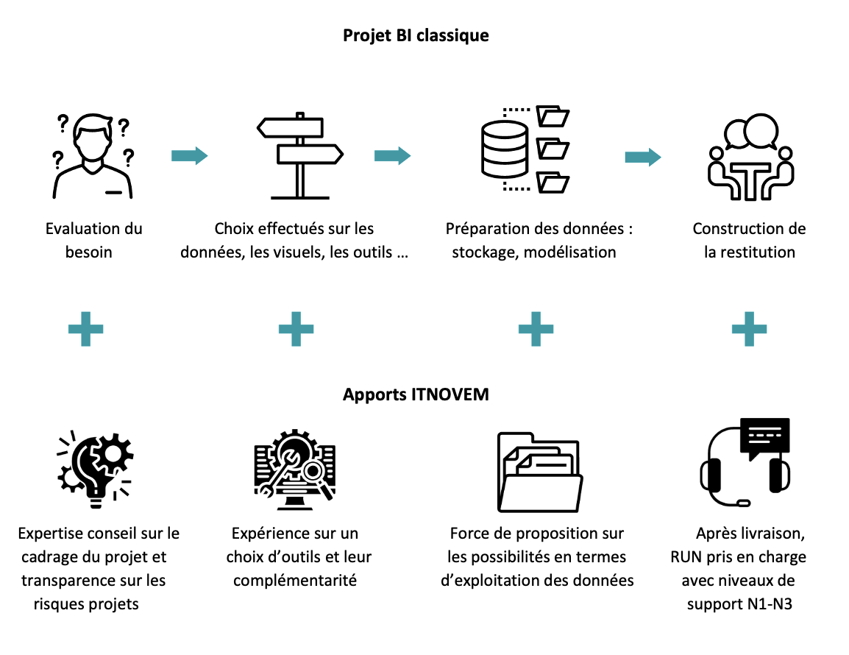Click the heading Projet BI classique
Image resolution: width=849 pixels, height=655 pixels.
416,35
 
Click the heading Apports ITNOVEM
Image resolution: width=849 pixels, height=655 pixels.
416,394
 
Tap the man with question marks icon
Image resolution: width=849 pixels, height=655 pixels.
93,156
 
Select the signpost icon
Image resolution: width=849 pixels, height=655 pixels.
300,156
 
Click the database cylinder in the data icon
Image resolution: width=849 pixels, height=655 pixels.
505,149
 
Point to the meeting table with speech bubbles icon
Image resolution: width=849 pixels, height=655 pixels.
751,157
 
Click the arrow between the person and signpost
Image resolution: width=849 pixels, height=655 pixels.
190,156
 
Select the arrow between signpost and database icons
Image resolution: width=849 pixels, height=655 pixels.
393,156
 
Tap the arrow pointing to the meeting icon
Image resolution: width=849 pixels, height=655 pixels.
643,157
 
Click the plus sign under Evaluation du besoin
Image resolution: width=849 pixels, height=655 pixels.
85,329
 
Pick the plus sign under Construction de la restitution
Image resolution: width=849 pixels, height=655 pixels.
750,329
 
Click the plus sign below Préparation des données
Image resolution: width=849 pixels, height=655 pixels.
536,329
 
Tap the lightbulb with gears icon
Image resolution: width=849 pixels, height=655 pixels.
96,470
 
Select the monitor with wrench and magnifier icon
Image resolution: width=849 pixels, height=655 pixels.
295,470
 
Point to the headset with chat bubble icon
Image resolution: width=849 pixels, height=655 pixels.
745,463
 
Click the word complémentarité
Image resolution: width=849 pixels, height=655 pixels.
295,580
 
